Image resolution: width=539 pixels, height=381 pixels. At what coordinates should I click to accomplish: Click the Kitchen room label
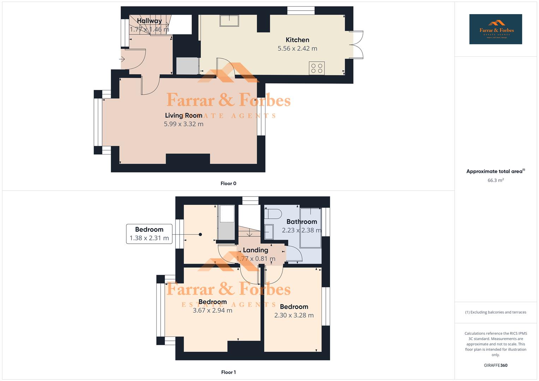coord(297,40)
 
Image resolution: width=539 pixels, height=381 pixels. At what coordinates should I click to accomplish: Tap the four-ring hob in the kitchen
coord(317,68)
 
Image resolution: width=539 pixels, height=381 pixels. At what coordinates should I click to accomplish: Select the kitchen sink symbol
coord(229,21)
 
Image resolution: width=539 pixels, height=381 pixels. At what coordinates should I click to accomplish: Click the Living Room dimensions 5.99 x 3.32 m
coord(184,124)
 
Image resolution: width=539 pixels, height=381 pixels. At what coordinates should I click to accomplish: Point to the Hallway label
coord(149,21)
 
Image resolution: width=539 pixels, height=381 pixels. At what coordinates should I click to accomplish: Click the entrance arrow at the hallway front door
coord(122,59)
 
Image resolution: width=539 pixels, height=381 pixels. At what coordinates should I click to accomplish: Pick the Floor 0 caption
coord(228,183)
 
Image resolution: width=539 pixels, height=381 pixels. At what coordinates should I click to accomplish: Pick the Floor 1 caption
coord(228,372)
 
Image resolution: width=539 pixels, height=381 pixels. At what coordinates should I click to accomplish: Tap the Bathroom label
coord(301,222)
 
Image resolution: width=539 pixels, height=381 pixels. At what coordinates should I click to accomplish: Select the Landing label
coord(255,250)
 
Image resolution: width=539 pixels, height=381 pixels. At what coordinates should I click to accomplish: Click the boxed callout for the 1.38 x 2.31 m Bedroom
coord(149,234)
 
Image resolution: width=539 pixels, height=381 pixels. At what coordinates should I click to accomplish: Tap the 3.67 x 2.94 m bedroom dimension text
coord(212,310)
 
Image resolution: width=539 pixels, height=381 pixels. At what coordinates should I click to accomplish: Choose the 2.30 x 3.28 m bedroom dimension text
coord(294,315)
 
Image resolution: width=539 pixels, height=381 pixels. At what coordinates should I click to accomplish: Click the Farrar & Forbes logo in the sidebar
coord(496,29)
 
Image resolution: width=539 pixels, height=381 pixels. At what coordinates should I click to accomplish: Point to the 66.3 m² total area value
coord(496,180)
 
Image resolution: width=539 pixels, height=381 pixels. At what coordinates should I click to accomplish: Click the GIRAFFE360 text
coord(496,365)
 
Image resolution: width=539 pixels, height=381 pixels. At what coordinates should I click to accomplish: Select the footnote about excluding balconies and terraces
coord(496,312)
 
